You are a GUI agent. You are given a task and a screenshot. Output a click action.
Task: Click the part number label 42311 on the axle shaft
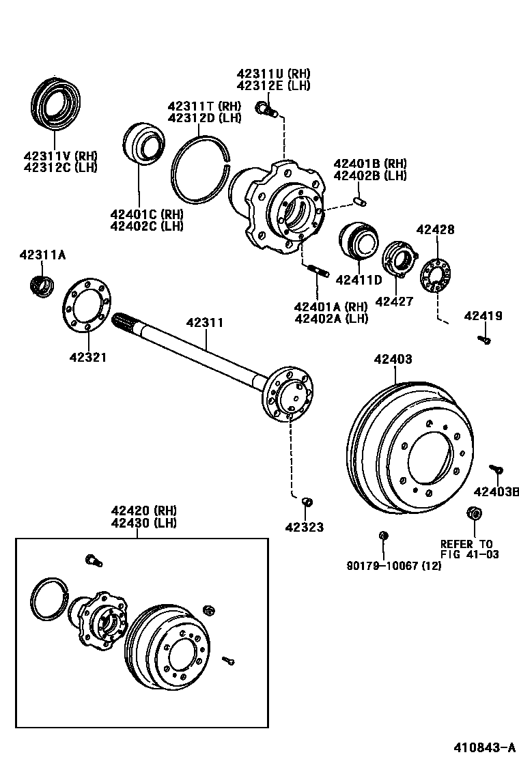[206, 322]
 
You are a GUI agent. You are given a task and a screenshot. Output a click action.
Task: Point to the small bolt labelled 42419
[485, 339]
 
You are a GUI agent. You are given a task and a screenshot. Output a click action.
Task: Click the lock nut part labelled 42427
[398, 262]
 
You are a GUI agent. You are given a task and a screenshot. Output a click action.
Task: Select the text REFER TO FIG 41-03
[469, 549]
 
